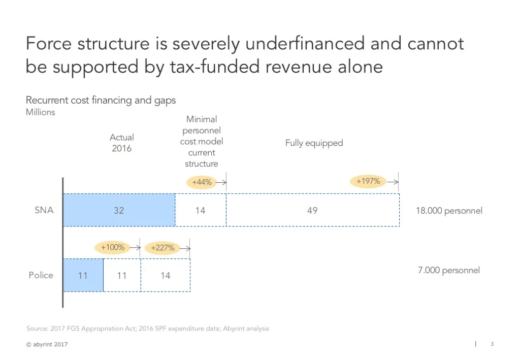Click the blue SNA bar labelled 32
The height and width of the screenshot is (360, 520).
click(119, 210)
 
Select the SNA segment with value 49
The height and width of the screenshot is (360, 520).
click(312, 210)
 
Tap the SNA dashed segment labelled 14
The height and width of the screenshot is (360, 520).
click(201, 210)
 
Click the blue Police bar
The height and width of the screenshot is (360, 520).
click(83, 275)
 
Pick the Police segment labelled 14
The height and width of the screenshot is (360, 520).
click(166, 275)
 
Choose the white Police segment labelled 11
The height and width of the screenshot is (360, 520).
click(122, 275)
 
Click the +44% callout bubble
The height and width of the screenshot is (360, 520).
click(202, 182)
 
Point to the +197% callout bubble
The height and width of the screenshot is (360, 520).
click(368, 181)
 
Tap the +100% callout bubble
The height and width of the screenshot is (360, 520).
click(113, 247)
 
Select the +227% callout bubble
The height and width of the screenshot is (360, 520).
click(162, 248)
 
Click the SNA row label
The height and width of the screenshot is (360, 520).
click(44, 210)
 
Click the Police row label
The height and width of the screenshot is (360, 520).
click(41, 275)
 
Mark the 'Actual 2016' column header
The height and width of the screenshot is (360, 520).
click(122, 143)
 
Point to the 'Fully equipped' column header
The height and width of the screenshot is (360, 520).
click(314, 143)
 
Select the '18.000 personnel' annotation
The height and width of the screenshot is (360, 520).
click(449, 210)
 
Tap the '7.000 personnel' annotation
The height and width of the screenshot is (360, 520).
click(448, 270)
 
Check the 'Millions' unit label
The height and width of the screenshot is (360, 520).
click(41, 112)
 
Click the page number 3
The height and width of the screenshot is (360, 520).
click(492, 344)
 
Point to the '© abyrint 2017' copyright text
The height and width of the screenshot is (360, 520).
click(47, 345)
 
